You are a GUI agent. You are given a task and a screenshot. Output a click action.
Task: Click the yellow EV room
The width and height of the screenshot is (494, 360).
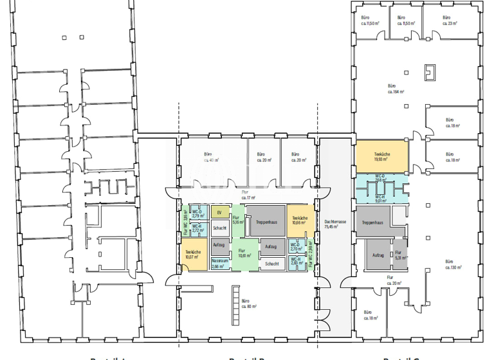(x=219, y=213)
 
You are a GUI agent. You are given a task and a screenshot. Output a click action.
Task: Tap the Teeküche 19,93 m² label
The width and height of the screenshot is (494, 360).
(x=381, y=157)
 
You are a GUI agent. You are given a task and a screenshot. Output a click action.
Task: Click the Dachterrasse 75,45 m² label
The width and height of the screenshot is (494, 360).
(x=336, y=224)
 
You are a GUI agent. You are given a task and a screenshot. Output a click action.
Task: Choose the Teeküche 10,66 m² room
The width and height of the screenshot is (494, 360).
(x=298, y=221)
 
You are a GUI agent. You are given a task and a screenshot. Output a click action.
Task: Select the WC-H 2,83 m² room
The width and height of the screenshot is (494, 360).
(x=296, y=261)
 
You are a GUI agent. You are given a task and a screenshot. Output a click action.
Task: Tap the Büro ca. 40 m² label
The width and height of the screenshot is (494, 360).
(x=211, y=157)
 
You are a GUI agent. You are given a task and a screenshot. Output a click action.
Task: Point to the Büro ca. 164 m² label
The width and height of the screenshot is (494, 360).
(x=396, y=88)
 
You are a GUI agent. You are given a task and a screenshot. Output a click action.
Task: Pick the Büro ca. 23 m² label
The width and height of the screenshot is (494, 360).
(x=449, y=20)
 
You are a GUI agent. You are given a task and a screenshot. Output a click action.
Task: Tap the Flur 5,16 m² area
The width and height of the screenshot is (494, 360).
(x=236, y=221)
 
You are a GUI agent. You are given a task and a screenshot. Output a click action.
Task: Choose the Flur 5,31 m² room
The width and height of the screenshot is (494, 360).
(x=398, y=255)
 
